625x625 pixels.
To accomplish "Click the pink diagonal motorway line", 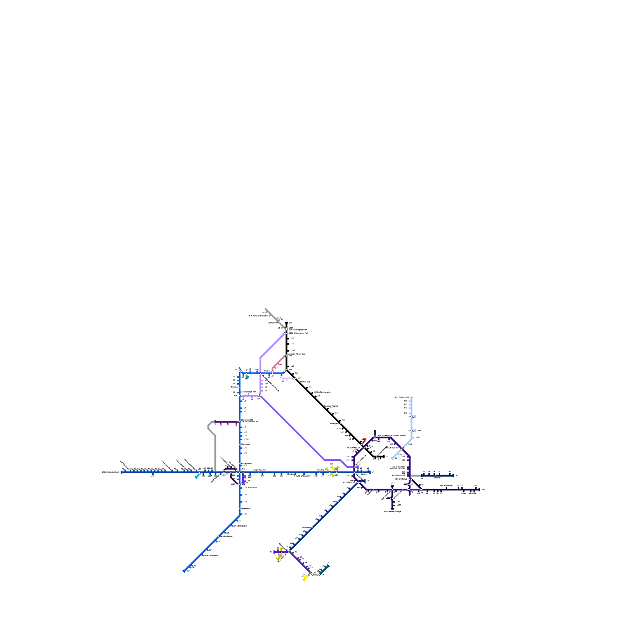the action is tap(279, 362).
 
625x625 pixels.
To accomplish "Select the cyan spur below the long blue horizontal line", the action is tap(197, 477).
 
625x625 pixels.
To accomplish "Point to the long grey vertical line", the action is tap(215, 453).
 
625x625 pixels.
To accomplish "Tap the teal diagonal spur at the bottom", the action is tap(324, 569).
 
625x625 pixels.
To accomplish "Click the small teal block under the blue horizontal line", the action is tap(246, 378).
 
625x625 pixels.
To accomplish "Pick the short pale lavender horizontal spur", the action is tap(288, 379).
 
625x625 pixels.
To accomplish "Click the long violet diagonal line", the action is tap(293, 428).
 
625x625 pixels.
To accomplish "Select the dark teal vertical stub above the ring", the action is tap(375, 433).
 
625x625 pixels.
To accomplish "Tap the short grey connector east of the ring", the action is tap(416, 475).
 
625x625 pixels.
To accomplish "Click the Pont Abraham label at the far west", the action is tap(110, 472).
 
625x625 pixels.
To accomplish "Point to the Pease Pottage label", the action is tap(393, 511).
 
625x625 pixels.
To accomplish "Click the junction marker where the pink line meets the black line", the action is tap(286, 356).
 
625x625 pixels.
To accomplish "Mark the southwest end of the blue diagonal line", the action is tap(184, 571).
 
